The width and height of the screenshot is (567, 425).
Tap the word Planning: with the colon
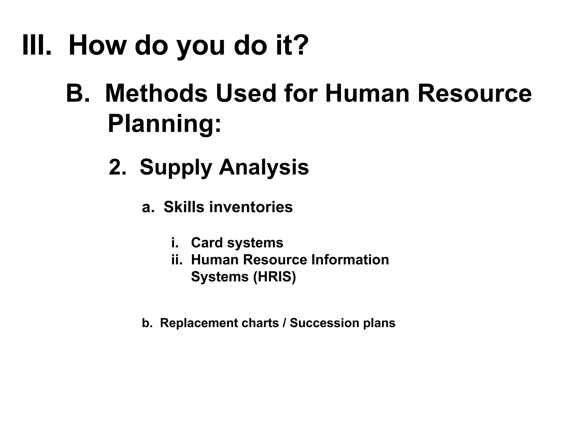pos(164,124)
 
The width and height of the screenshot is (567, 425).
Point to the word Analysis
pos(264,168)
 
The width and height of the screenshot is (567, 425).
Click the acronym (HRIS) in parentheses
pos(275,276)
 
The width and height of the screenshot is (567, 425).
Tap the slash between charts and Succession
pos(284,323)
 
